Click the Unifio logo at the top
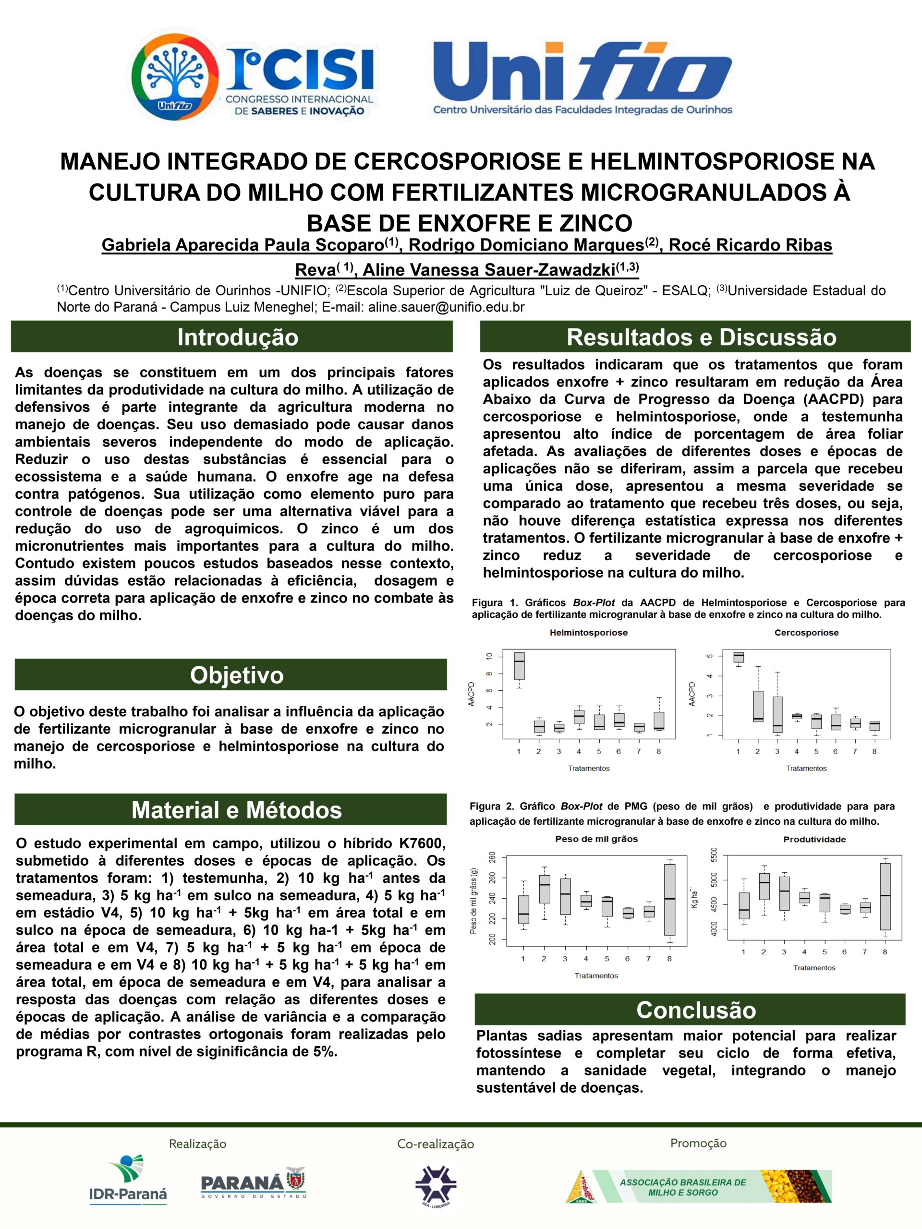pyautogui.click(x=582, y=78)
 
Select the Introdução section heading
pyautogui.click(x=237, y=337)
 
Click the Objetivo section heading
pyautogui.click(x=237, y=675)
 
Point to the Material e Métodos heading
pyautogui.click(x=236, y=810)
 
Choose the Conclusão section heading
pyautogui.click(x=695, y=1010)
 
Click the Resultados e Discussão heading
pyautogui.click(x=702, y=337)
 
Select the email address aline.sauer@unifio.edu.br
pyautogui.click(x=446, y=307)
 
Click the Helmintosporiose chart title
pyautogui.click(x=589, y=632)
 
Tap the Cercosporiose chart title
pyautogui.click(x=806, y=632)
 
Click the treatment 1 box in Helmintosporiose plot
pyautogui.click(x=519, y=665)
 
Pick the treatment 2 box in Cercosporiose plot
pyautogui.click(x=757, y=706)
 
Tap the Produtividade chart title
pyautogui.click(x=814, y=839)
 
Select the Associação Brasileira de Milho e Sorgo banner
pyautogui.click(x=699, y=1186)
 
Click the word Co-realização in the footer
pyautogui.click(x=435, y=1144)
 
